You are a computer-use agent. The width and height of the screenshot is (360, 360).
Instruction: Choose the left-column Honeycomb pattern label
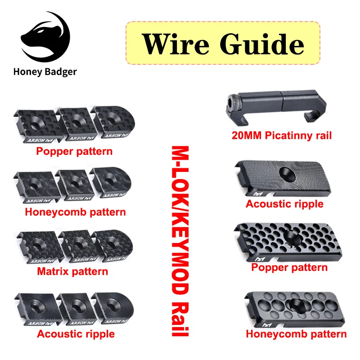pyautogui.click(x=75, y=211)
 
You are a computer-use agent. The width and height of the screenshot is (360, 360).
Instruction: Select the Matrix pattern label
pyautogui.click(x=72, y=271)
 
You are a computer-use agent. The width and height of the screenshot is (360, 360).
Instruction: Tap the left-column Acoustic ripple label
pyautogui.click(x=76, y=333)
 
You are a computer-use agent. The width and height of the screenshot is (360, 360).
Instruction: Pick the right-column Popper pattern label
pyautogui.click(x=289, y=268)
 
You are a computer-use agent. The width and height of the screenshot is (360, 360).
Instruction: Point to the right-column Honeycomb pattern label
pyautogui.click(x=296, y=333)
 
